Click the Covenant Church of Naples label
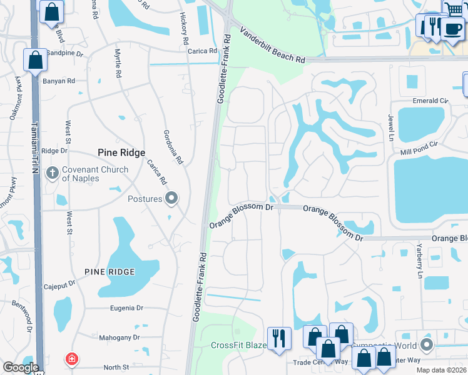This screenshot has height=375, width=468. click(95, 174)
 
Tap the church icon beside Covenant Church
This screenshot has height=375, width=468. click(53, 172)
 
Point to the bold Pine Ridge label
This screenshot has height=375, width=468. click(121, 152)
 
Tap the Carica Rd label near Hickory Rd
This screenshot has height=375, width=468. click(202, 51)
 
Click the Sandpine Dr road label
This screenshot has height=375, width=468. click(65, 54)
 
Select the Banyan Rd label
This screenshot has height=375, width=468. click(59, 81)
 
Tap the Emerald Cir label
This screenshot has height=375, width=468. click(430, 101)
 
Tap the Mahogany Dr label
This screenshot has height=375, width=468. click(119, 337)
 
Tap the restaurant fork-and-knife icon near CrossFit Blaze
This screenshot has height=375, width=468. click(278, 338)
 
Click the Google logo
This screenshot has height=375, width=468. click(21, 367)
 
